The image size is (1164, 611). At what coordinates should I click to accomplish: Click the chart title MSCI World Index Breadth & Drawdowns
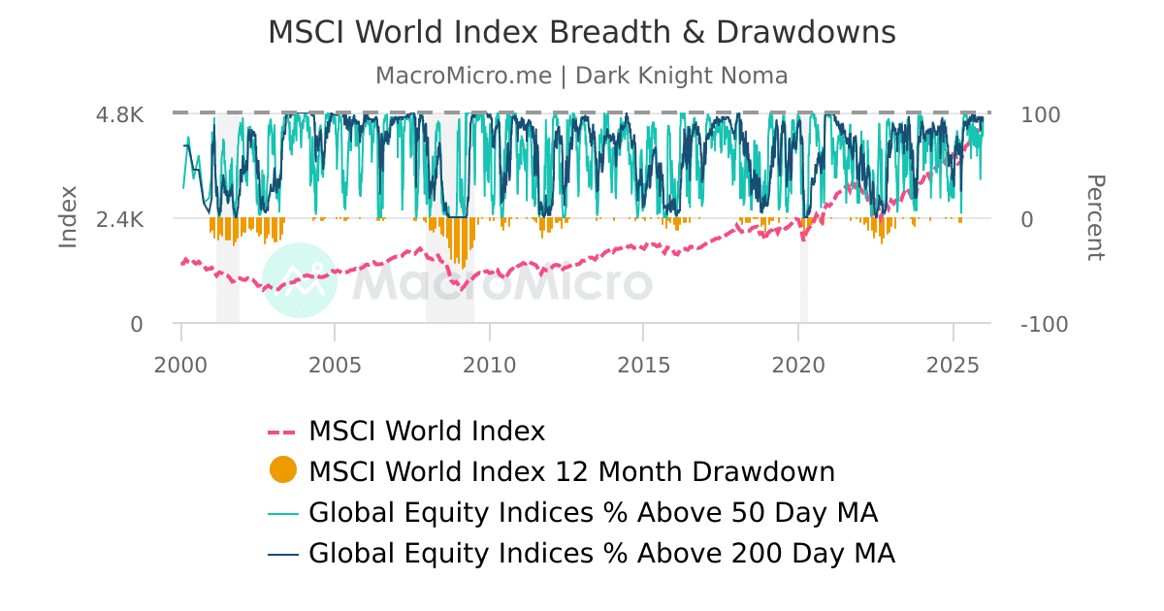(x=582, y=33)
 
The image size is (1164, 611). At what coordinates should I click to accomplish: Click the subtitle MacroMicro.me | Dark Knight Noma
(x=582, y=76)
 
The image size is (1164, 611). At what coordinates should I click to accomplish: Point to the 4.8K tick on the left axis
(x=119, y=114)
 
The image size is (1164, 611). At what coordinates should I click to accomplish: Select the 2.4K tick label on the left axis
(x=119, y=219)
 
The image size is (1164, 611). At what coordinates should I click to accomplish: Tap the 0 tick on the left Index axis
(x=137, y=324)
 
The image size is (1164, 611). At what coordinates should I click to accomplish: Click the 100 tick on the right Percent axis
(x=1041, y=114)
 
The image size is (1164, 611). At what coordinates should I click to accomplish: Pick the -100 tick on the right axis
(x=1045, y=324)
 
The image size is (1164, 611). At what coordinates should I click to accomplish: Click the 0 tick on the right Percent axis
(x=1028, y=219)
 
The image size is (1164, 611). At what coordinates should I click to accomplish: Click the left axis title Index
(x=68, y=218)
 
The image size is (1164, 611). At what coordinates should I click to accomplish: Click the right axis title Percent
(x=1094, y=218)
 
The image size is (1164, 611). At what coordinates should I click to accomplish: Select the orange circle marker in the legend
(x=282, y=471)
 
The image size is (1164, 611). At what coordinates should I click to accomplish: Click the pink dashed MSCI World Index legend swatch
(x=282, y=431)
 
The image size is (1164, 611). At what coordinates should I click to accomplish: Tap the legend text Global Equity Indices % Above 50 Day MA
(x=594, y=512)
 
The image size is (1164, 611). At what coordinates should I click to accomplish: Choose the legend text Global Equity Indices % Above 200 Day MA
(x=601, y=553)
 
